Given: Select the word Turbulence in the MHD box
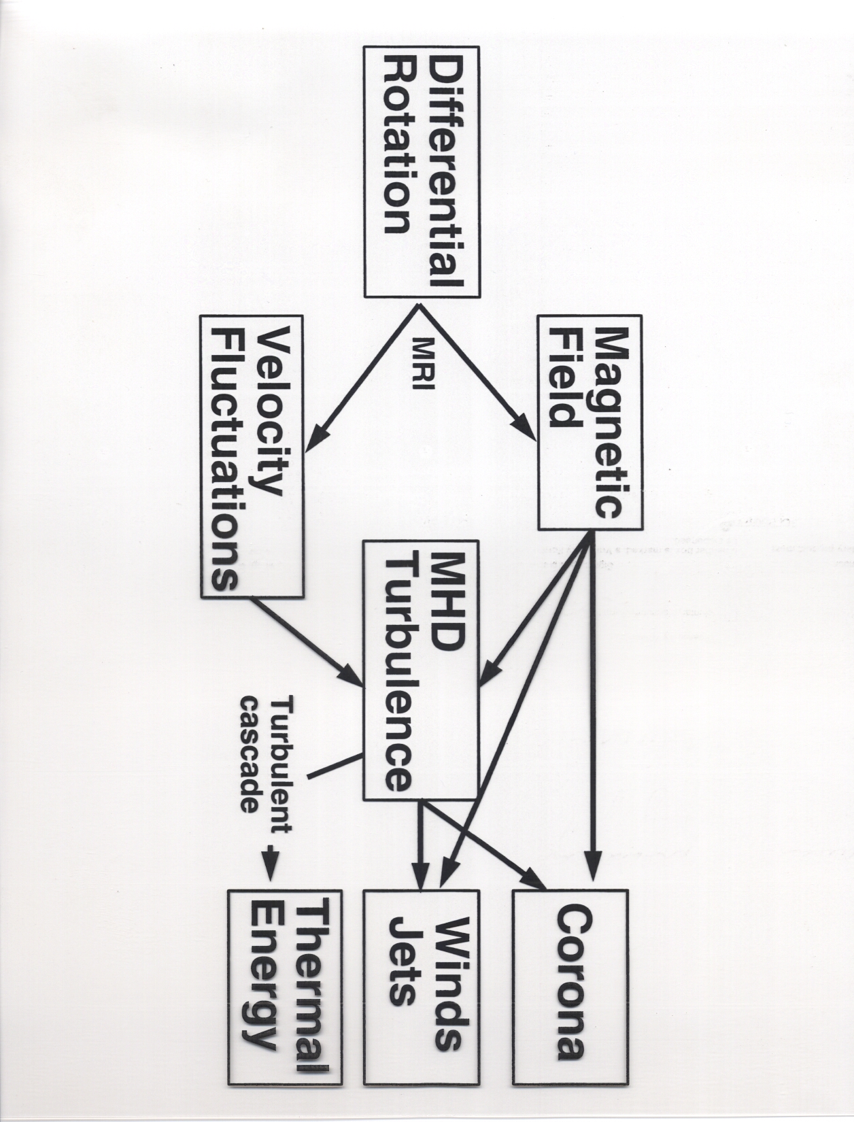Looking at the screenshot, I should (x=398, y=674).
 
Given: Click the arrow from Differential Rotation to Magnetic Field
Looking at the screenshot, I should (x=477, y=373).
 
